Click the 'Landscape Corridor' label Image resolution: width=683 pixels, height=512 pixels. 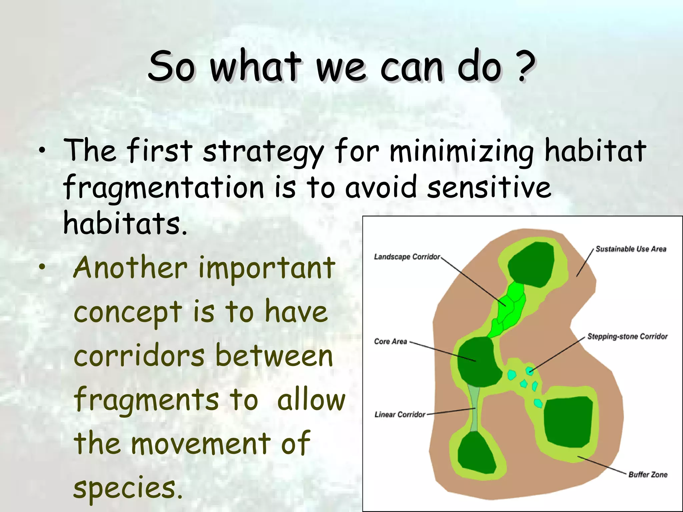407,257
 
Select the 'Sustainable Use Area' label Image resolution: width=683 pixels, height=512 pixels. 631,249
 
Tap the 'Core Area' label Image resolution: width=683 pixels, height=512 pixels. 391,341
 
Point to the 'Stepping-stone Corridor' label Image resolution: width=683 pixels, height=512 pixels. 627,336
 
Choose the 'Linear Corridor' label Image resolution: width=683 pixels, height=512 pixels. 400,414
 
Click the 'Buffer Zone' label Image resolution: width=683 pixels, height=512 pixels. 648,474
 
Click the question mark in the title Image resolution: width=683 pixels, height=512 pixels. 526,67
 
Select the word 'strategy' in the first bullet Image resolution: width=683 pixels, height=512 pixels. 263,152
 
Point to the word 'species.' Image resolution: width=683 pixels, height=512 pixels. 128,487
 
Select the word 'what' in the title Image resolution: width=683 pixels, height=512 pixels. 255,67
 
